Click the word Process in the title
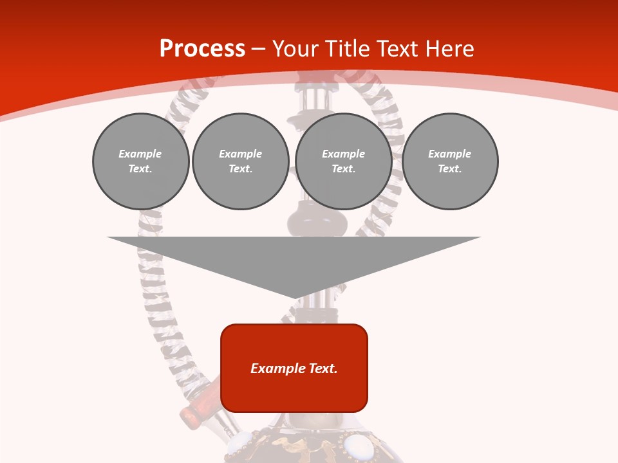(x=202, y=49)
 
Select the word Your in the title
(x=297, y=49)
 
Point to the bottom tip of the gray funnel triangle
(x=295, y=297)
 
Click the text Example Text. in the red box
(x=294, y=368)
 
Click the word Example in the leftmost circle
(x=140, y=154)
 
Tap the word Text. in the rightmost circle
(x=450, y=169)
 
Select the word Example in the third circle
(x=343, y=154)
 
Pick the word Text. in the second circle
(x=241, y=169)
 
